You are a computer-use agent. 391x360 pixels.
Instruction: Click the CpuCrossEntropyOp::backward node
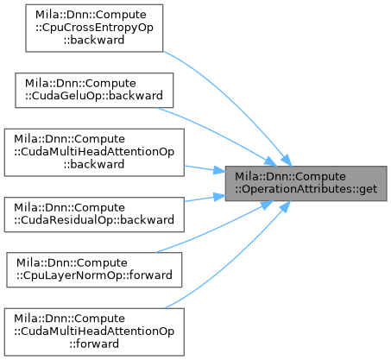pyautogui.click(x=94, y=28)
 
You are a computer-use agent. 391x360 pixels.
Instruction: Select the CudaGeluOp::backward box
pyautogui.click(x=94, y=91)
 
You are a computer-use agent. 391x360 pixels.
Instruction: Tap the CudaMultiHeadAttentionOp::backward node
pyautogui.click(x=94, y=153)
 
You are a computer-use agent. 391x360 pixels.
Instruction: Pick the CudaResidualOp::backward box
pyautogui.click(x=94, y=214)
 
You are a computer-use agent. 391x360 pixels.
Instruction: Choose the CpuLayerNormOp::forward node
pyautogui.click(x=94, y=270)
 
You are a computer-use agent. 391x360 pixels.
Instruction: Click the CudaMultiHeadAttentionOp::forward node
pyautogui.click(x=94, y=332)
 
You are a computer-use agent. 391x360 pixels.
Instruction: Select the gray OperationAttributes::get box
pyautogui.click(x=306, y=184)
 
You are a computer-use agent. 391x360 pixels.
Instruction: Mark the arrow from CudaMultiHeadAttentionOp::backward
pyautogui.click(x=205, y=169)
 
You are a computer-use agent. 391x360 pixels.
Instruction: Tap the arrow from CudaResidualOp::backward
pyautogui.click(x=205, y=199)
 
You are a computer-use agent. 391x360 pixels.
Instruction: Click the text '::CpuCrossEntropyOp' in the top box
pyautogui.click(x=94, y=28)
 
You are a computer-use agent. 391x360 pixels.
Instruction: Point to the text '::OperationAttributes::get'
pyautogui.click(x=306, y=189)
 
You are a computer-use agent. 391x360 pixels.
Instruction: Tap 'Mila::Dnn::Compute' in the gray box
pyautogui.click(x=290, y=176)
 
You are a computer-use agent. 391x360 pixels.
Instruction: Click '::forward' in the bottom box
pyautogui.click(x=94, y=344)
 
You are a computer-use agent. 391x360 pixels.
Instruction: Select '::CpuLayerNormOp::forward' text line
pyautogui.click(x=94, y=275)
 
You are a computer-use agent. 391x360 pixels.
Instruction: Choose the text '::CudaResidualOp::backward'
pyautogui.click(x=94, y=220)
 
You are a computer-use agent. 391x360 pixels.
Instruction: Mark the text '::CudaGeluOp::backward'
pyautogui.click(x=94, y=96)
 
